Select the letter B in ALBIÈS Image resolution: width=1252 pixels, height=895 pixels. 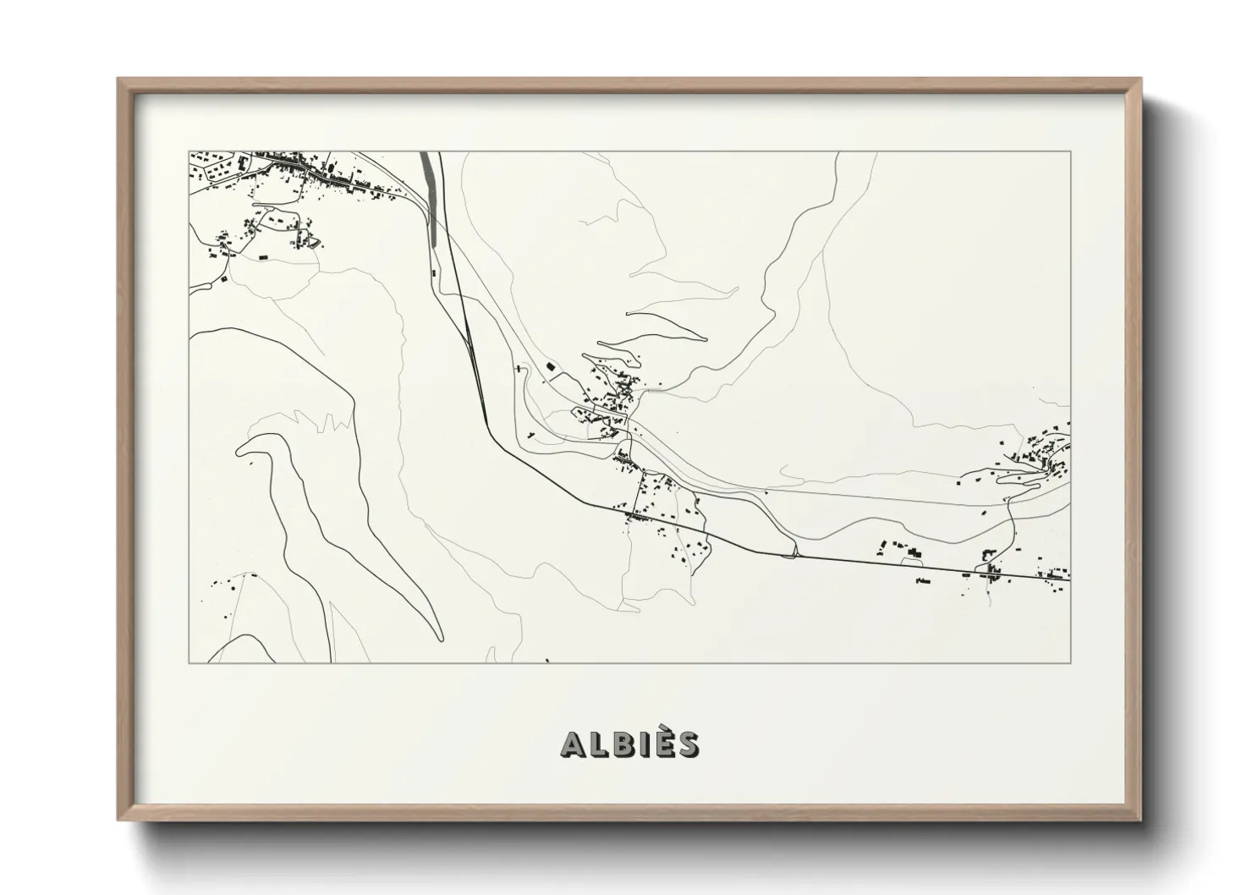coord(622,744)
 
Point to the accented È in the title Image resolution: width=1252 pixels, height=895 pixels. coord(663,743)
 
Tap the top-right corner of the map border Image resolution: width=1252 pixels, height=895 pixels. coord(1070,151)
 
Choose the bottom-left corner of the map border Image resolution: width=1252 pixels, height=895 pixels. coord(189,662)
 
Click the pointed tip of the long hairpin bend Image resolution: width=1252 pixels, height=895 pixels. coord(438,639)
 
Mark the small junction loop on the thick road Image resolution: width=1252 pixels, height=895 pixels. coord(791,552)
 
